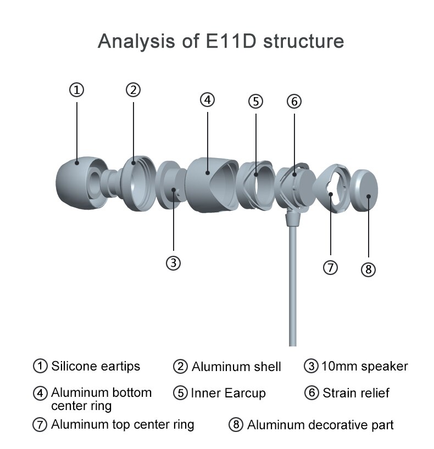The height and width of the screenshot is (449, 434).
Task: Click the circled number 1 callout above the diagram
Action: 77,89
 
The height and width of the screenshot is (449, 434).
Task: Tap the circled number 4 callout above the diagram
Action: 207,100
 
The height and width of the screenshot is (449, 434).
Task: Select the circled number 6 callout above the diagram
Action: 294,102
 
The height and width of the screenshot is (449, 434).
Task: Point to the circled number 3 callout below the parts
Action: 173,263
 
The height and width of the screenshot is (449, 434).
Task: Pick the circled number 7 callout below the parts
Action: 330,267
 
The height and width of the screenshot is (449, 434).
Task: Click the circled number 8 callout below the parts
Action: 368,270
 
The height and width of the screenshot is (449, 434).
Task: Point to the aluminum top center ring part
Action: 332,187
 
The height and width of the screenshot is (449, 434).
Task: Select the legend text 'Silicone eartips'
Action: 96,366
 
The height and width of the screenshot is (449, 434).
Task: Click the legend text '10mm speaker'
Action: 364,366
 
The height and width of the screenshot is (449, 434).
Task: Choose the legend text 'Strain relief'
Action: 356,393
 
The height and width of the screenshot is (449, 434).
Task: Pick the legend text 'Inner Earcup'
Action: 228,393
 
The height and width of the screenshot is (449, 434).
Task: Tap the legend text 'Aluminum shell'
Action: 236,367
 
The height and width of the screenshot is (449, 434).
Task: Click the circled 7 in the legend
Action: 40,425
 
